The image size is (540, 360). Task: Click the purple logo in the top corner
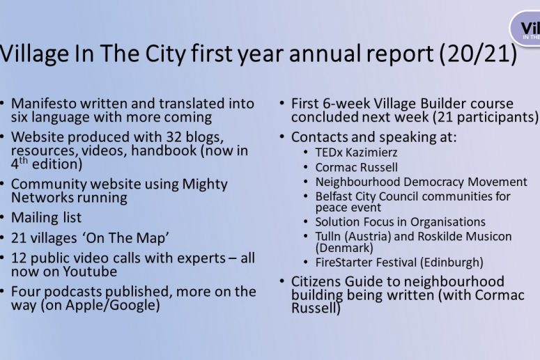tap(525, 29)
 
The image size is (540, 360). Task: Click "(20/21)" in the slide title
tap(478, 54)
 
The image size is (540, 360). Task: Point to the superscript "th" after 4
tap(24, 160)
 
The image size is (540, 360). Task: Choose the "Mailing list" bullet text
tap(46, 217)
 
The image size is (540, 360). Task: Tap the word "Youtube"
tap(90, 272)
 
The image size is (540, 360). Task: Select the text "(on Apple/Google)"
tap(100, 305)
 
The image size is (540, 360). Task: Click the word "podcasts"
tap(73, 292)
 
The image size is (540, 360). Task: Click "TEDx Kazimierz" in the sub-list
tap(356, 152)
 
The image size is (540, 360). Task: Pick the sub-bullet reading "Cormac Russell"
tap(356, 167)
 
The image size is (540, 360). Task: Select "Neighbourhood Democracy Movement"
tap(421, 182)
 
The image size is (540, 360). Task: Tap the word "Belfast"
tap(333, 196)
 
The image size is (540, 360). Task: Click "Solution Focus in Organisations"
tap(400, 222)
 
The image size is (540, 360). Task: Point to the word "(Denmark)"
tap(344, 248)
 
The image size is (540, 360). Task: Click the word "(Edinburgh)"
tap(452, 263)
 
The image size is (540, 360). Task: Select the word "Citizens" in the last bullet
tap(316, 281)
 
